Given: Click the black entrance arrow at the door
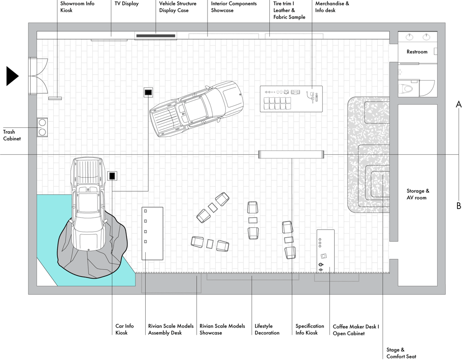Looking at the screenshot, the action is [x=12, y=76].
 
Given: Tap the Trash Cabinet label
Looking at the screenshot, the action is [x=12, y=135].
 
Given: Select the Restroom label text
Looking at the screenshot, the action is [x=416, y=52].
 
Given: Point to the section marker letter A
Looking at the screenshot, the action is [x=458, y=105].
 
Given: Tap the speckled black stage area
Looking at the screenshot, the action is [x=368, y=155].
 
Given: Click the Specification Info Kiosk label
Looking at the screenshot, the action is [x=309, y=329].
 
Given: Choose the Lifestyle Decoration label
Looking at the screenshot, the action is [x=267, y=329].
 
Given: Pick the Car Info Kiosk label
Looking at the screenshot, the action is [x=125, y=329].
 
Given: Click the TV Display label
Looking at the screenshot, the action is [x=126, y=4].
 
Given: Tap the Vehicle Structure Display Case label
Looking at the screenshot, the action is [x=177, y=7].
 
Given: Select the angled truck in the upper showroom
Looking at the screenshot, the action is [x=197, y=109].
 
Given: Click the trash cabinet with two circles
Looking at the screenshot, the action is [x=42, y=127].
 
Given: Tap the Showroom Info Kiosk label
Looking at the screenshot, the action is [x=77, y=7].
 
